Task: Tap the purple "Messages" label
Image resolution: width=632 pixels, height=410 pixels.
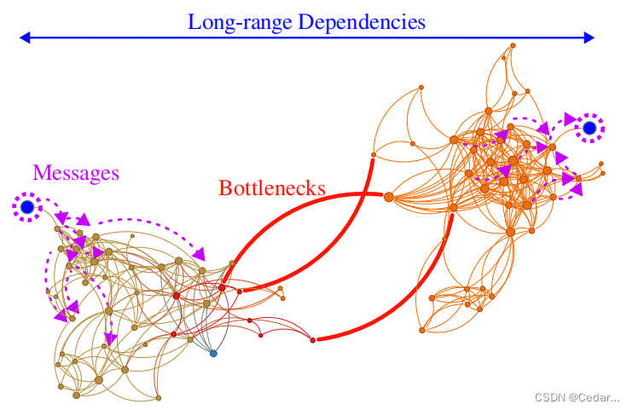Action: pos(76,173)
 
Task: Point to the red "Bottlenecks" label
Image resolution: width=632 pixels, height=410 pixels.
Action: pos(272,188)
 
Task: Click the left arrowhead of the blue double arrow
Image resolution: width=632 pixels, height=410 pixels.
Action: pos(25,38)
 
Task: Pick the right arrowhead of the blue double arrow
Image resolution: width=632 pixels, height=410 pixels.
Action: pos(589,38)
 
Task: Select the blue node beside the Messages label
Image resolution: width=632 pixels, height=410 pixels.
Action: pos(27,207)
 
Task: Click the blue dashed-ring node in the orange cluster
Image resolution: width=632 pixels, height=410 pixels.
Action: pos(589,129)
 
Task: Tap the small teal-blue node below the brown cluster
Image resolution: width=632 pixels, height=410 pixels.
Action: pos(213,353)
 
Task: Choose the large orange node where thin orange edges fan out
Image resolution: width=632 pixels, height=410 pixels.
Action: pos(389,197)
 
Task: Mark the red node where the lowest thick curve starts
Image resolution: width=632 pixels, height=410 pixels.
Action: pos(313,340)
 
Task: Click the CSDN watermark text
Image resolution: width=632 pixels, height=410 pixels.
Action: pos(577,397)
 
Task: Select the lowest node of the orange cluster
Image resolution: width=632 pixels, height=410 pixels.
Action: pos(422,330)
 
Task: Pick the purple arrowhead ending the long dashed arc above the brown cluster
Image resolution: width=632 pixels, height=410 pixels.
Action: pos(201,253)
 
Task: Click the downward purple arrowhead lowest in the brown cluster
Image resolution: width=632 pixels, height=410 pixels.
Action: pos(109,339)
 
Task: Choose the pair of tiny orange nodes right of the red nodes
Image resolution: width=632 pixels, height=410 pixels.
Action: pos(281,295)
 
